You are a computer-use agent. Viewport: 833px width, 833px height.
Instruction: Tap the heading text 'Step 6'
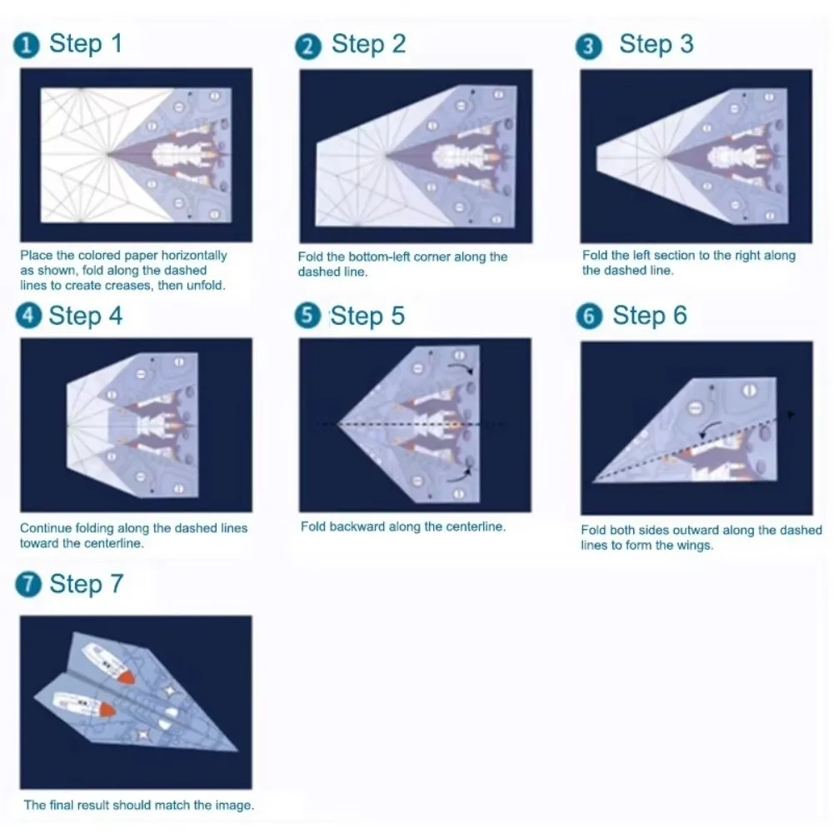click(x=650, y=317)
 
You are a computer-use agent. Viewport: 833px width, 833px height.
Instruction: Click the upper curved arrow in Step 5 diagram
click(x=462, y=368)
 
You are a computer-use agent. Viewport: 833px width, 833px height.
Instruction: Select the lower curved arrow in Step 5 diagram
click(x=461, y=476)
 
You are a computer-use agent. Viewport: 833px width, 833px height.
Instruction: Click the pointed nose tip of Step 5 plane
click(x=337, y=425)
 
